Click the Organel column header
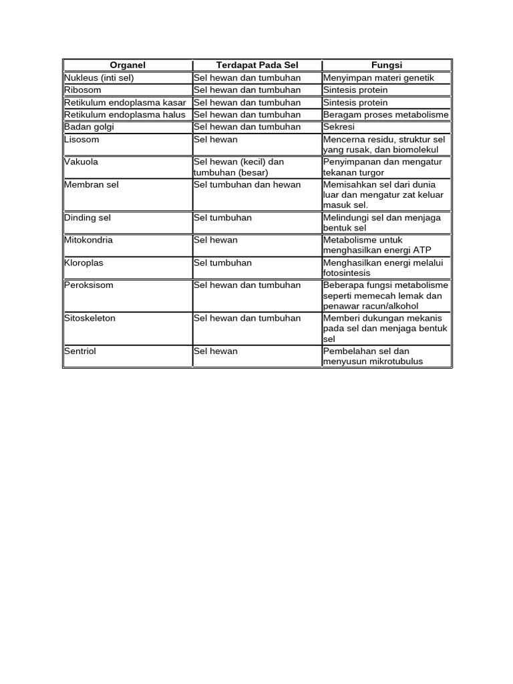click(x=128, y=65)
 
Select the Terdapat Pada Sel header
click(x=257, y=65)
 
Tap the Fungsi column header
click(x=387, y=65)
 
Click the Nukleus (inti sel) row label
click(x=99, y=78)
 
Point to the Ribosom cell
click(x=83, y=90)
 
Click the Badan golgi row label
click(x=88, y=127)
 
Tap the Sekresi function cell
click(x=339, y=127)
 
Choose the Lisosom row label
click(x=81, y=140)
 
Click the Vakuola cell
click(x=81, y=162)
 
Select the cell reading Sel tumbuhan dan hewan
click(x=247, y=184)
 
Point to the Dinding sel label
click(x=88, y=218)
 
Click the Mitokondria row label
click(x=88, y=240)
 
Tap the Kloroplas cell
click(x=83, y=263)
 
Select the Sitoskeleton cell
click(x=90, y=318)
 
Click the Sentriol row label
click(x=80, y=351)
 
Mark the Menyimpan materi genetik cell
click(x=378, y=78)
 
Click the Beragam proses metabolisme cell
click(x=385, y=115)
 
